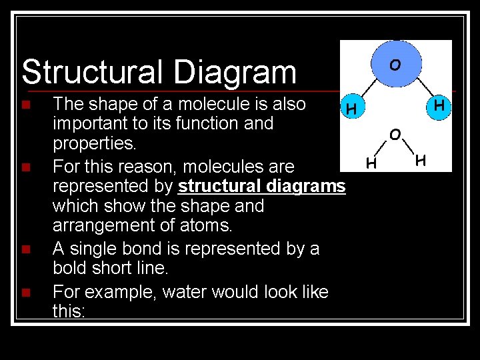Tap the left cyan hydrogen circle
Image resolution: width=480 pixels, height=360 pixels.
point(351,107)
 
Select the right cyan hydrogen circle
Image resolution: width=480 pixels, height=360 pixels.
point(439,106)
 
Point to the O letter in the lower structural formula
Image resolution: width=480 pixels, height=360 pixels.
point(395,135)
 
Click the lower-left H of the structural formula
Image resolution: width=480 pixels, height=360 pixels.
point(372,162)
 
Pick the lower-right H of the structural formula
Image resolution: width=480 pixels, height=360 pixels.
point(419,160)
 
